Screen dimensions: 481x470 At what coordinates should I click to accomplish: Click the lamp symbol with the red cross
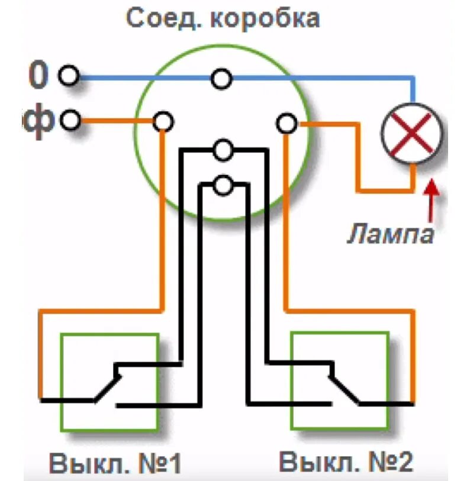(412, 132)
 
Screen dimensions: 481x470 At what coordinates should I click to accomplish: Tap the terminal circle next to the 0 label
(70, 77)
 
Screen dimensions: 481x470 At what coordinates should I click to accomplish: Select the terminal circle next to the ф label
(70, 121)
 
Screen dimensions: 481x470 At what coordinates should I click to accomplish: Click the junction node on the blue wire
(222, 79)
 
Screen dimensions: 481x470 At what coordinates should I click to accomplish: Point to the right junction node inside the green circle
(286, 124)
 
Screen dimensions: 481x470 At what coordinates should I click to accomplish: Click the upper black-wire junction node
(223, 150)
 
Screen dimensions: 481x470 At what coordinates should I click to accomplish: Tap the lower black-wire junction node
(223, 186)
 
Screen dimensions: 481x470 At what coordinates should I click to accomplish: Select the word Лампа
(390, 234)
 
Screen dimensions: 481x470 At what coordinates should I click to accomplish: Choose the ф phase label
(39, 121)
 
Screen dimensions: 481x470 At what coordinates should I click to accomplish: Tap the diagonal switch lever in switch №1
(107, 388)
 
